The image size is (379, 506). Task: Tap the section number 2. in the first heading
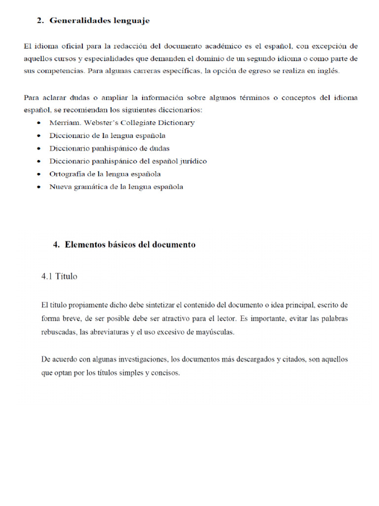40,21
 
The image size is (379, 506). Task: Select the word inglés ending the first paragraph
329,71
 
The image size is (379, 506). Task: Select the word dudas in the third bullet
160,148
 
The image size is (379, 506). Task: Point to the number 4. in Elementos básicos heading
56,245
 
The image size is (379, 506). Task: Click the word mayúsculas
216,332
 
